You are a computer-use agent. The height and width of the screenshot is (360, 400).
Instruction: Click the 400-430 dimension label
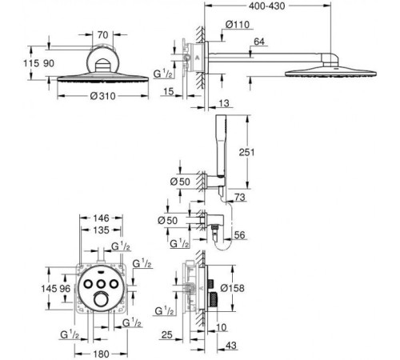point(267,6)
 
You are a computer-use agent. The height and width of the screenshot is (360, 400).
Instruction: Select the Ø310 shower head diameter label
point(102,96)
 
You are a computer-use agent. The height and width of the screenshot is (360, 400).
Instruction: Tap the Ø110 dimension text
point(238,25)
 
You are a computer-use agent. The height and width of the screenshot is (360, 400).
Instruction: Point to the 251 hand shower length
point(246,152)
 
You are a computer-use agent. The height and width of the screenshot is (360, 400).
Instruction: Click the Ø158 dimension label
point(233,288)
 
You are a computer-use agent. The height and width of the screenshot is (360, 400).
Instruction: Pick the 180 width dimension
point(101,354)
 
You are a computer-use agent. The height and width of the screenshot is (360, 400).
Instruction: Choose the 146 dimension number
point(101,218)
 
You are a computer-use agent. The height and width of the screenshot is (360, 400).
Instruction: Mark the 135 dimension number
point(102,230)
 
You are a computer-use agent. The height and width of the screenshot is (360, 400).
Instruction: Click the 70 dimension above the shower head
point(102,35)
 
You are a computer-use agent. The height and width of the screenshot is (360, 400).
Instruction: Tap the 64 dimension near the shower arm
point(259,42)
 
